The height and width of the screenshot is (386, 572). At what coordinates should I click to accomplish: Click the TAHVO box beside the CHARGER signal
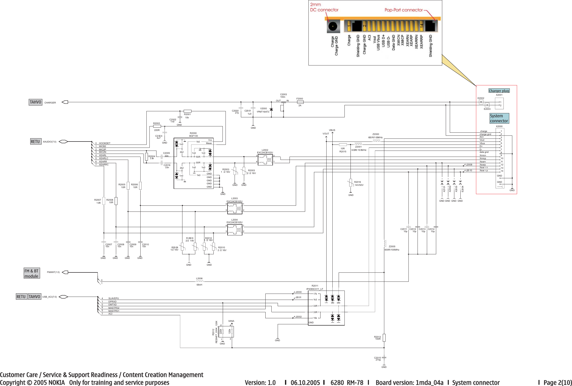tap(36, 102)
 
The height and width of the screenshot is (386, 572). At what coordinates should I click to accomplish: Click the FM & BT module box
tap(31, 273)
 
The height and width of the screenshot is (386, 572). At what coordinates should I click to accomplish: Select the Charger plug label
tap(499, 91)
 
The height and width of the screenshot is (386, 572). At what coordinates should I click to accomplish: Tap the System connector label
tap(499, 118)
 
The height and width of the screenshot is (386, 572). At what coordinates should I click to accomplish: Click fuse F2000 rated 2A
tap(300, 102)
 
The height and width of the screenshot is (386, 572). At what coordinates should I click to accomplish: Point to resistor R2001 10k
tap(187, 111)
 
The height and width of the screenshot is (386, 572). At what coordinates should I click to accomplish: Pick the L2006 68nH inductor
tap(199, 282)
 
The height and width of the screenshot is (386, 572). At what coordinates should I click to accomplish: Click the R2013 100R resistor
tap(384, 338)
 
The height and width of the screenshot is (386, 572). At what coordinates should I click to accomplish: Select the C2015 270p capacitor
tap(384, 358)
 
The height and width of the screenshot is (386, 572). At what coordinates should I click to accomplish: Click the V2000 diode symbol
tap(271, 109)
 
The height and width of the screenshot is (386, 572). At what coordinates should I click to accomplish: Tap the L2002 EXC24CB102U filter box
tap(265, 160)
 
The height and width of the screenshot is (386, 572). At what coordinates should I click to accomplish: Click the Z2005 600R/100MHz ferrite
tap(385, 244)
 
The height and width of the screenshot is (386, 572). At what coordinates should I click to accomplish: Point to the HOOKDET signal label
tap(105, 143)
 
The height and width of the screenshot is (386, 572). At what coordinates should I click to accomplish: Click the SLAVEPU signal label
tap(114, 298)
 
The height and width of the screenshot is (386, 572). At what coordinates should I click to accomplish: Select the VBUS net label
tap(332, 130)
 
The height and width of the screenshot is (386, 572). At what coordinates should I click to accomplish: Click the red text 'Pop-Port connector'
tap(403, 10)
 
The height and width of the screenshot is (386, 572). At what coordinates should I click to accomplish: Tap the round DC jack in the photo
tap(333, 26)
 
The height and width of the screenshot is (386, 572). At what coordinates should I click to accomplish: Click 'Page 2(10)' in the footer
tap(558, 382)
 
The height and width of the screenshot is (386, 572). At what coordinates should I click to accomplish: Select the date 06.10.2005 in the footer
tap(305, 382)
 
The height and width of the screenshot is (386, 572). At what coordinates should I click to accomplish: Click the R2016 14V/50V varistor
tap(351, 183)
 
